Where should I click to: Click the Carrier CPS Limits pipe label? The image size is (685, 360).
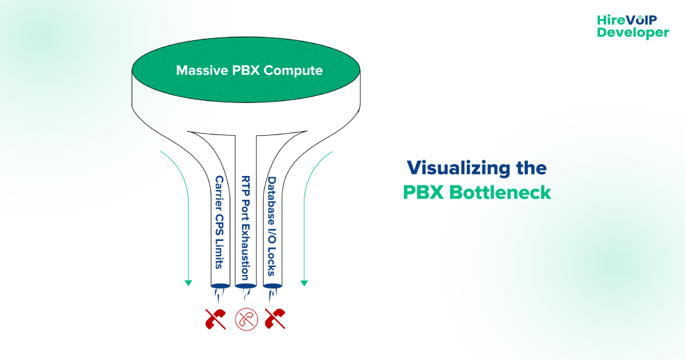point(219,221)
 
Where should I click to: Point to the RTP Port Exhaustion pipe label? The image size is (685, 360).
point(245,228)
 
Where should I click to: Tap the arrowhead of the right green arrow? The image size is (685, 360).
point(304,283)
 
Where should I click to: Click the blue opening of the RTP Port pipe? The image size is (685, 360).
point(245,287)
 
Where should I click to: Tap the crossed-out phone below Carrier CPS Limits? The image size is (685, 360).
point(215,319)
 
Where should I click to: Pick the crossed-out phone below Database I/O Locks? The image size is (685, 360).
point(275,319)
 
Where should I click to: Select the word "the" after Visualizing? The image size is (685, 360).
point(530,167)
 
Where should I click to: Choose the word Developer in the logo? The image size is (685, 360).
point(633,32)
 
